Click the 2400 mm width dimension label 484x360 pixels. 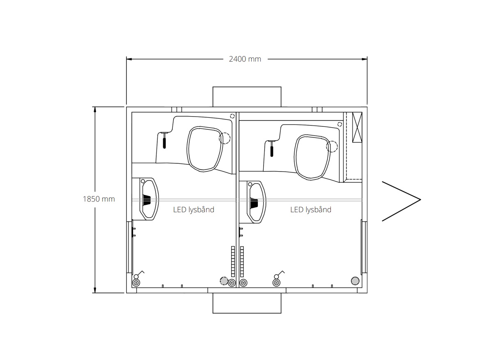coord(245,59)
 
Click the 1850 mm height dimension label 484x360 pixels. coord(99,199)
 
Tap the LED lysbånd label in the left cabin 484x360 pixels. coord(193,210)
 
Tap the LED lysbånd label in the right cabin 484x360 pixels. coord(310,210)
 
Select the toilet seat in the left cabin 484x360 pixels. coord(188,149)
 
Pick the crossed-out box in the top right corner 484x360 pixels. coord(357,127)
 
